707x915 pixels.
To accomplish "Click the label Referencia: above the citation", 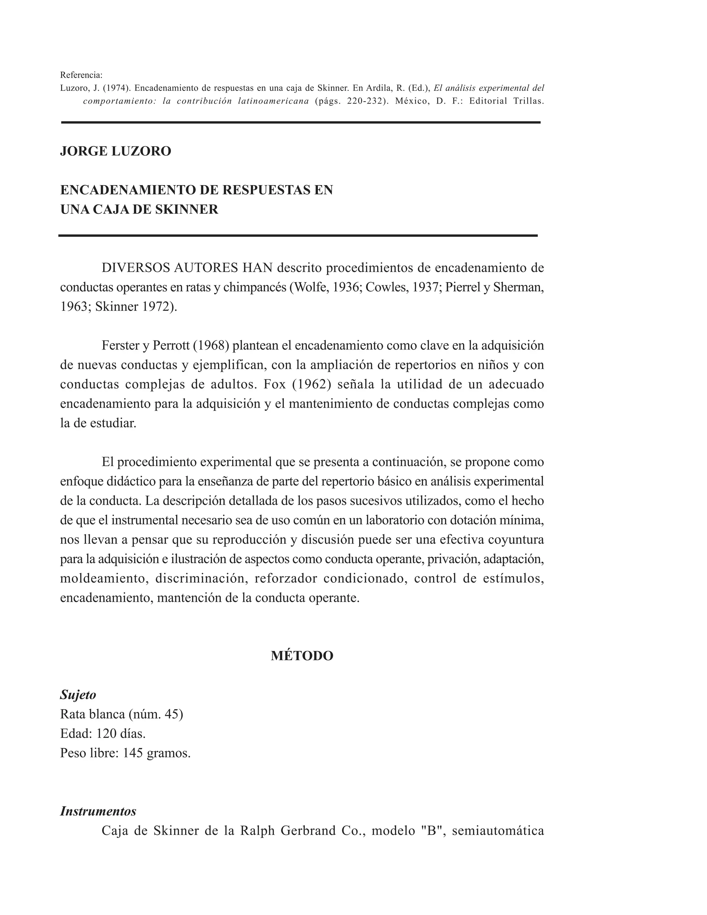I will coord(81,75).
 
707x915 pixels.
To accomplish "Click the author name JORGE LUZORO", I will coord(116,151).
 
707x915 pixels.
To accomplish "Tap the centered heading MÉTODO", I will coord(302,656).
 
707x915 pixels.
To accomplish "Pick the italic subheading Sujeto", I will coord(78,695).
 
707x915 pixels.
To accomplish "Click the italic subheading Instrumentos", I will coord(98,811).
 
